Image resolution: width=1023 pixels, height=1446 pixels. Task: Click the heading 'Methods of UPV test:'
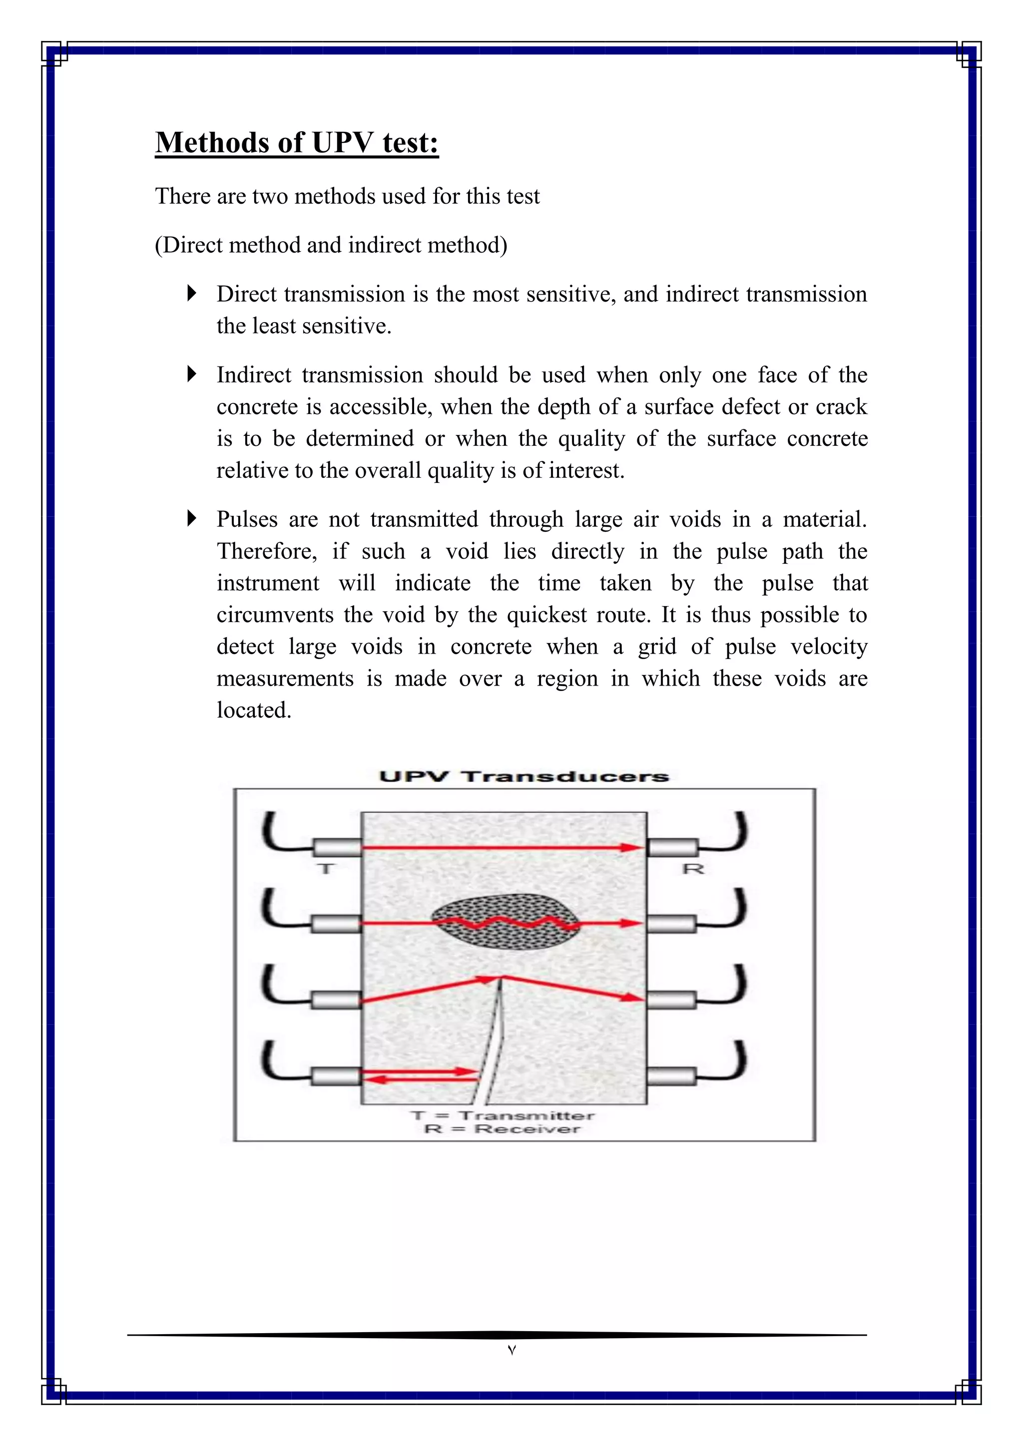click(x=297, y=143)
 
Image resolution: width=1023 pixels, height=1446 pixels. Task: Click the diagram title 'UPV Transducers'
click(x=523, y=776)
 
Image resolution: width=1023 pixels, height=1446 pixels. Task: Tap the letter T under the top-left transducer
click(x=326, y=869)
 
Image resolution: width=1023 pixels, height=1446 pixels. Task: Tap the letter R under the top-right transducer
click(x=693, y=869)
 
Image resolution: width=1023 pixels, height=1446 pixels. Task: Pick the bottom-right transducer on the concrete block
click(x=671, y=1077)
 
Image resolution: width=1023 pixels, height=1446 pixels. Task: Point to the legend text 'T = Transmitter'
click(x=502, y=1116)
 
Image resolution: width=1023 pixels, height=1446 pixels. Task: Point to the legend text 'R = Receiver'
click(x=502, y=1129)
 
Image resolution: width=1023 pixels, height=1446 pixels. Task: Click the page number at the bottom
click(x=511, y=1350)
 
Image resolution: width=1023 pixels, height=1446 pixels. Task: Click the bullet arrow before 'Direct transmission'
click(x=192, y=293)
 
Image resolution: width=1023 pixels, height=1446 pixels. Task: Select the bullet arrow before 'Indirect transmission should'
click(x=192, y=374)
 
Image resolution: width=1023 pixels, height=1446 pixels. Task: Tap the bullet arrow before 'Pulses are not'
click(x=192, y=518)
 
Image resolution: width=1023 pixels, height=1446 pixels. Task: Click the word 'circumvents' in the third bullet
click(x=275, y=615)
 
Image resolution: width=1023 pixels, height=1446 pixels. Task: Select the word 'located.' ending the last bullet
click(x=254, y=711)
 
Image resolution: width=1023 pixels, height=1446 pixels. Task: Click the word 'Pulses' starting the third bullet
click(x=247, y=520)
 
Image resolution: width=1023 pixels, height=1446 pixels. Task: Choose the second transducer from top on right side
click(x=671, y=924)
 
